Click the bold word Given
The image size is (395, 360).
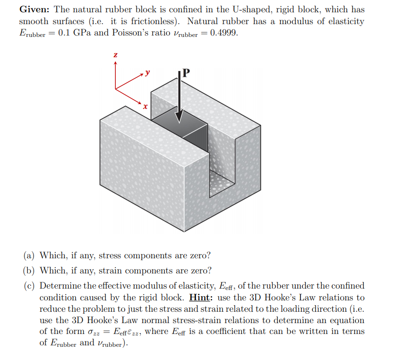point(35,9)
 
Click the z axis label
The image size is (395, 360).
point(115,55)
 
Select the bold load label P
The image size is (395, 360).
point(186,73)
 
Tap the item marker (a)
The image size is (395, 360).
point(29,255)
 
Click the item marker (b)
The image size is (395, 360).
point(29,271)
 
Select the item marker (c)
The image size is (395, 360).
point(29,286)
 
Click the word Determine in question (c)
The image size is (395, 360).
point(59,286)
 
